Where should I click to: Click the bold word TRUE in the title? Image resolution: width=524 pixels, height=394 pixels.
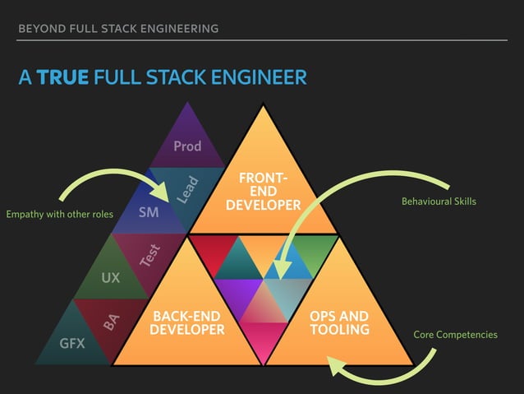click(63, 78)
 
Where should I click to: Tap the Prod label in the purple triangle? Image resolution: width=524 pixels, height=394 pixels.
click(187, 146)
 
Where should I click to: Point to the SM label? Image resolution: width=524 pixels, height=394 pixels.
click(149, 213)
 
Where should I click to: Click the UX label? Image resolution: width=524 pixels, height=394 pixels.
click(110, 278)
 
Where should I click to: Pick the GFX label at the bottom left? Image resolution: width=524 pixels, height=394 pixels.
click(71, 343)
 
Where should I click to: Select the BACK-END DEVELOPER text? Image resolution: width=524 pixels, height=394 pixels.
click(187, 323)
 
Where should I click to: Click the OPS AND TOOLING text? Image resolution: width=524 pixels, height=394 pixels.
click(339, 323)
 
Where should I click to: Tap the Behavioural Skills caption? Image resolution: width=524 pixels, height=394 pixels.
click(438, 202)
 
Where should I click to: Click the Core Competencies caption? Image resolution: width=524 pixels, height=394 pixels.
click(455, 335)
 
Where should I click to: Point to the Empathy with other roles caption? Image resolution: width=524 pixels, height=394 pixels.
click(58, 216)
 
